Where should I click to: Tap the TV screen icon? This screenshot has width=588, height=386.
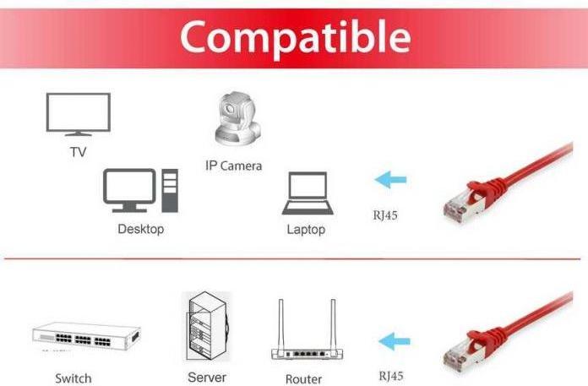(x=78, y=114)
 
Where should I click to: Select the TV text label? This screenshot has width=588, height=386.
(x=78, y=152)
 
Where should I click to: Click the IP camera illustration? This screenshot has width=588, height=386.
(x=237, y=118)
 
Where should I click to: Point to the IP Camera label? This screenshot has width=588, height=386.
(x=233, y=166)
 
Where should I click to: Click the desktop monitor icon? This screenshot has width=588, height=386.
(x=129, y=190)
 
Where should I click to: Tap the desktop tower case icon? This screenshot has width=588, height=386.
(x=170, y=190)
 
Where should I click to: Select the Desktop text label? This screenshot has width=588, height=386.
(x=140, y=229)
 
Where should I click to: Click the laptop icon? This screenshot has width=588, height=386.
(x=308, y=193)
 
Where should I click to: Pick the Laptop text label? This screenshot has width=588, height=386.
(x=306, y=230)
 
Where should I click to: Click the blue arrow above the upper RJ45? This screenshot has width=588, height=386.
(x=390, y=180)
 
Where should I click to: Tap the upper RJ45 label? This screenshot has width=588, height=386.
(x=385, y=215)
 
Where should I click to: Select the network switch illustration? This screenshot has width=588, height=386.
(x=86, y=335)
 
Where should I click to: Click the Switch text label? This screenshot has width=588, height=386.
(x=73, y=378)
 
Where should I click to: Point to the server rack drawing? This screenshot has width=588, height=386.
(x=207, y=326)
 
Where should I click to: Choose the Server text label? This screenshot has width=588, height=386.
(x=207, y=378)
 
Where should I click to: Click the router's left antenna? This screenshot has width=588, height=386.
(x=280, y=324)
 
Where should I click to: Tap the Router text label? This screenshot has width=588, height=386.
(x=303, y=379)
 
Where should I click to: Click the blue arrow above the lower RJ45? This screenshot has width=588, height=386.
(x=395, y=341)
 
